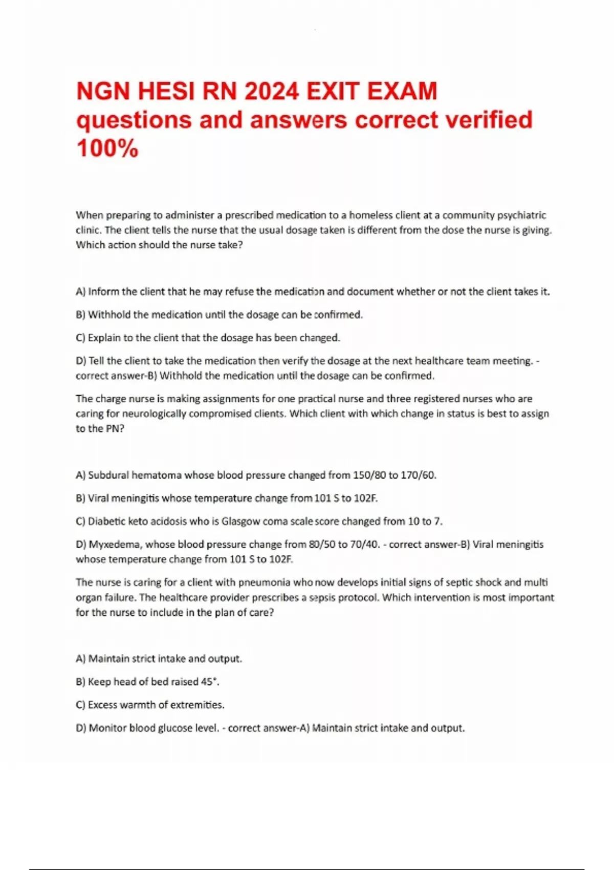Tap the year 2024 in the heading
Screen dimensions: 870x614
271,92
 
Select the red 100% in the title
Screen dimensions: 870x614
107,149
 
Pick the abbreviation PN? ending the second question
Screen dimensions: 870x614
115,428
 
